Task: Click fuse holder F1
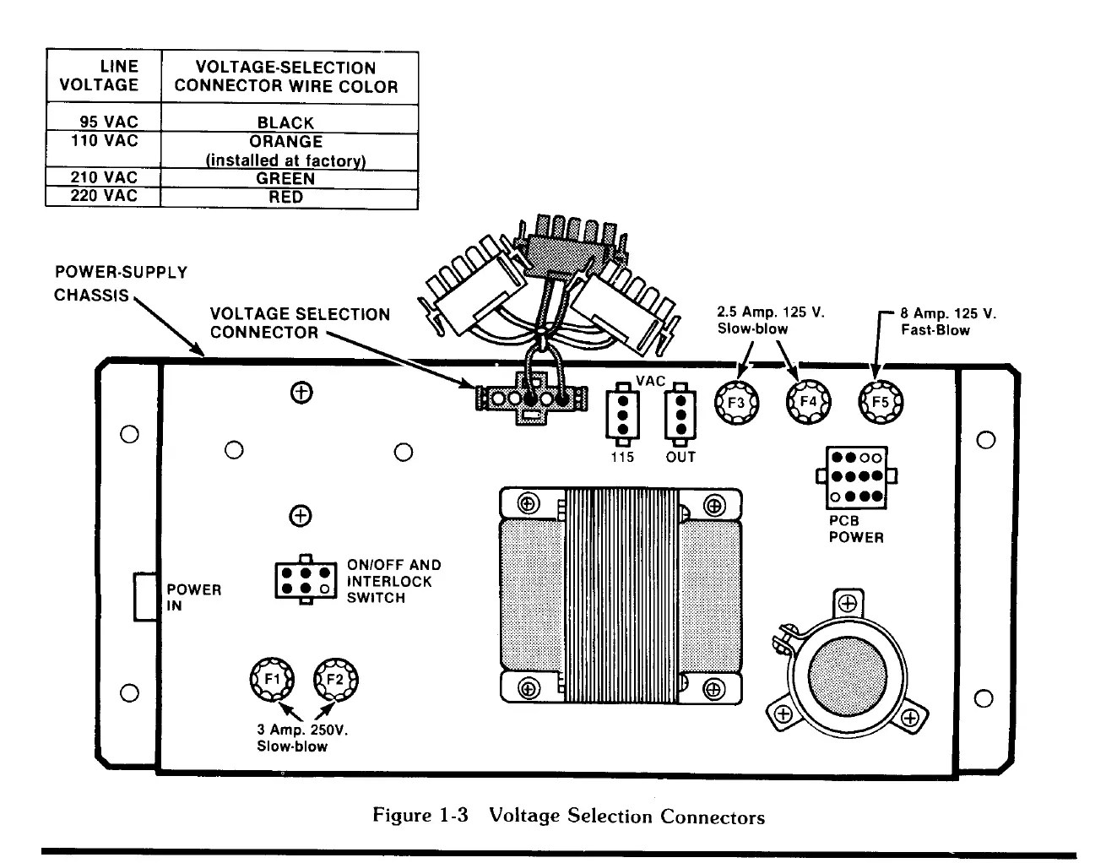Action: (x=272, y=678)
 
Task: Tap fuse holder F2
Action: (x=335, y=678)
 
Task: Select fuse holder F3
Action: (x=737, y=403)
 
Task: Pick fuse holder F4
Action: (x=808, y=402)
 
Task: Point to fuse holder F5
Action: (x=880, y=402)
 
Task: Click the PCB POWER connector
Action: (x=852, y=478)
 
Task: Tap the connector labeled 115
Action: (x=623, y=413)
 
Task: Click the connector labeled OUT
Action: (x=680, y=413)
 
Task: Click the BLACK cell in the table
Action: (x=285, y=122)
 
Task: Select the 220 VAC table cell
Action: (x=104, y=196)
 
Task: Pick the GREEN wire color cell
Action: (x=285, y=178)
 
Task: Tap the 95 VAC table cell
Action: (x=109, y=122)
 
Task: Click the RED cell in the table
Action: (x=285, y=197)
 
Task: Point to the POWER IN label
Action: (x=193, y=597)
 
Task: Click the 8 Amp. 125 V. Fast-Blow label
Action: (x=948, y=322)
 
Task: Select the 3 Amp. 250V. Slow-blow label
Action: (x=301, y=738)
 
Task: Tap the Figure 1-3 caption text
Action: (x=568, y=816)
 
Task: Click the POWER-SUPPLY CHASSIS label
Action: (x=120, y=284)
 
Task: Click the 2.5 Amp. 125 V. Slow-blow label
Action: (x=770, y=320)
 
